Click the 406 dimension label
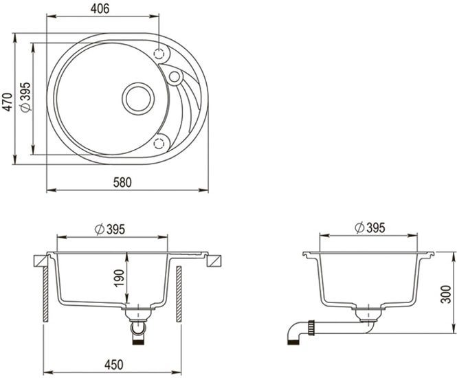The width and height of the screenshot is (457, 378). click(100, 8)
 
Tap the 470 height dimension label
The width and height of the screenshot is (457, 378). click(8, 102)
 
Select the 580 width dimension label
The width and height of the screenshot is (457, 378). click(122, 182)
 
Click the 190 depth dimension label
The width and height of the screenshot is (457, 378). click(120, 278)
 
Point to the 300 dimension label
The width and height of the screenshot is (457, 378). click(446, 294)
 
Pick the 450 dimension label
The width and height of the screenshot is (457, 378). click(113, 364)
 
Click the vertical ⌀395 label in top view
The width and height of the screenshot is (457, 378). click(26, 97)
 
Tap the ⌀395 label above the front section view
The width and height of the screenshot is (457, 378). click(110, 230)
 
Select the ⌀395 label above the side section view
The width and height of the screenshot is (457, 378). click(370, 227)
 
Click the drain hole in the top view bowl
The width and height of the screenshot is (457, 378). click(138, 99)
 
